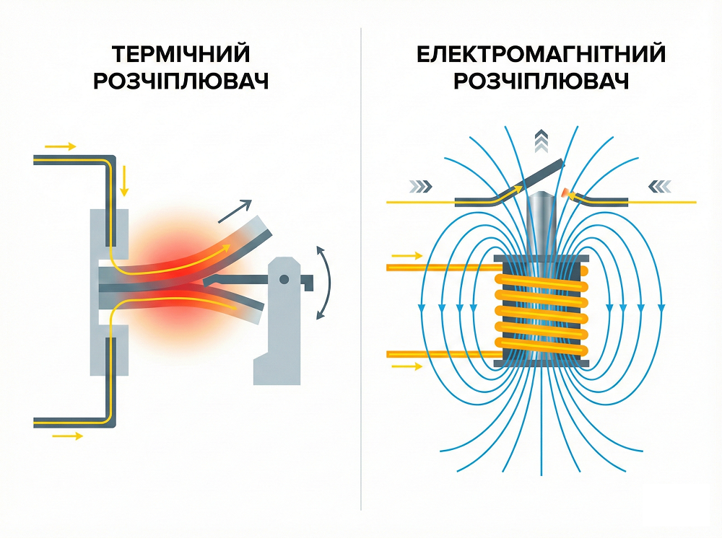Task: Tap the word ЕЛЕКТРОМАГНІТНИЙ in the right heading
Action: [x=541, y=55]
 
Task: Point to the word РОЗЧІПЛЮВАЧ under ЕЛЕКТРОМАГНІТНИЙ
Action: [x=541, y=81]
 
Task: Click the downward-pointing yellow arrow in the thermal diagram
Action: [x=124, y=180]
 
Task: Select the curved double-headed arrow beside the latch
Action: [x=323, y=281]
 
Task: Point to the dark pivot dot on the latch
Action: [x=285, y=279]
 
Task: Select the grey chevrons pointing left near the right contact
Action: [x=659, y=186]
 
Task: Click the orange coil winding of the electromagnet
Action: [x=541, y=310]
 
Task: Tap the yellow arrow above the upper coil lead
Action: [x=407, y=255]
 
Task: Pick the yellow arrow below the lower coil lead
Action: [x=407, y=366]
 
